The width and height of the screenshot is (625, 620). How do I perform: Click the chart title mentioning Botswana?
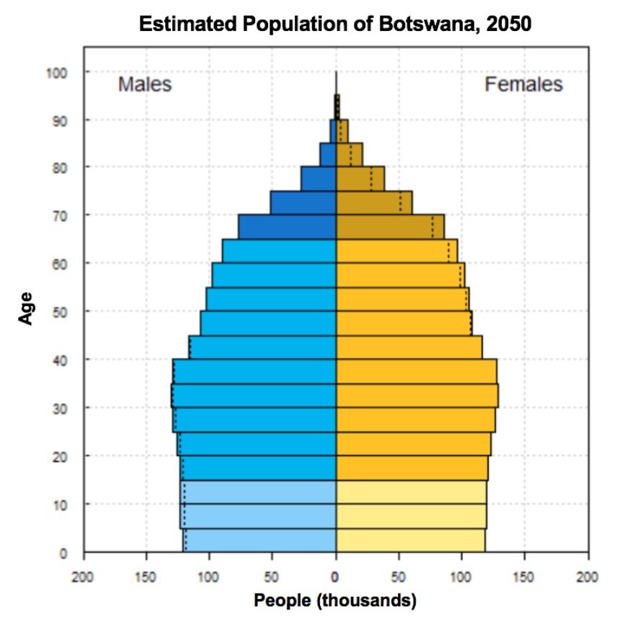[335, 24]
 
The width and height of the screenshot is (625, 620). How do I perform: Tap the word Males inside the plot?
[145, 84]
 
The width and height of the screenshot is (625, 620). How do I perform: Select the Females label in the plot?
[523, 84]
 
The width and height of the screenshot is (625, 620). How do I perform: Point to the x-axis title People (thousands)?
[335, 600]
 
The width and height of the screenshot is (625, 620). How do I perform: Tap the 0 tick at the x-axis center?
[335, 577]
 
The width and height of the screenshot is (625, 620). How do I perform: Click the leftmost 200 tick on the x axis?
[84, 577]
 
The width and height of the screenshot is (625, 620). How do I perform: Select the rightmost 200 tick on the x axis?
[588, 577]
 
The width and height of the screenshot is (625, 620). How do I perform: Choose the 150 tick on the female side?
[525, 577]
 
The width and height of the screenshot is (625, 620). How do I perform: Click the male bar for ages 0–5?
[260, 540]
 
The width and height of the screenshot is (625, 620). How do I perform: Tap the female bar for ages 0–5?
[411, 540]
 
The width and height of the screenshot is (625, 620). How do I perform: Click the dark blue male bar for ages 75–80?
[319, 179]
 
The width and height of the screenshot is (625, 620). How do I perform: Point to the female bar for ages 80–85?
[349, 154]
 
